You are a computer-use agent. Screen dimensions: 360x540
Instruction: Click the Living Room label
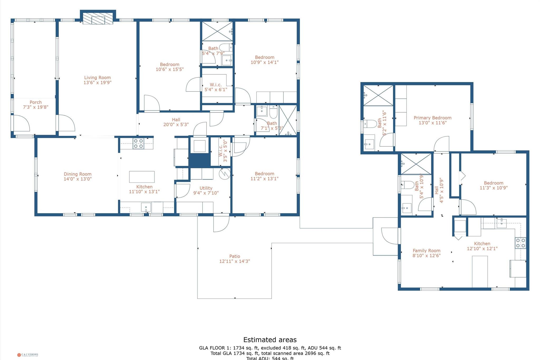(x=97, y=78)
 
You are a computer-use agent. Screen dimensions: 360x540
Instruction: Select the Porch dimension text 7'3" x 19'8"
(x=36, y=107)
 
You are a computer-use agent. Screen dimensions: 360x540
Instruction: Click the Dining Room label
(x=78, y=174)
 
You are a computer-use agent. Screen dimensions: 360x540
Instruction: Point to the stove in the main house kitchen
(x=138, y=143)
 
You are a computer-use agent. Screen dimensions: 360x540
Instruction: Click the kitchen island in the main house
(x=142, y=177)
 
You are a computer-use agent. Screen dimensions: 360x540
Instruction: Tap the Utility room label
(x=206, y=188)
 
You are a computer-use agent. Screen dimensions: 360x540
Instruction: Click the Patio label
(x=235, y=256)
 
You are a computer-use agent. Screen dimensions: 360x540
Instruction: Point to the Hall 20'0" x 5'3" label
(x=176, y=122)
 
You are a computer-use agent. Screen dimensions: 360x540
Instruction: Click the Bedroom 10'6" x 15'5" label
(x=170, y=67)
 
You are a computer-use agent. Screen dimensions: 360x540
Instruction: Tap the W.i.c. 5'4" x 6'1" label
(x=216, y=87)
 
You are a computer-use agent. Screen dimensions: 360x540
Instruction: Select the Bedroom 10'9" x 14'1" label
(x=264, y=60)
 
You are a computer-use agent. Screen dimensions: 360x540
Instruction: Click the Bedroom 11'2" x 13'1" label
(x=264, y=176)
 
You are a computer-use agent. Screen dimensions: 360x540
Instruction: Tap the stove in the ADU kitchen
(x=520, y=243)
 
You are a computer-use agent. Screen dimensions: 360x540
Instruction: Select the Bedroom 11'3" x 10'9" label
(x=493, y=185)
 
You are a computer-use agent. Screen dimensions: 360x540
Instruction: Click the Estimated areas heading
(x=270, y=340)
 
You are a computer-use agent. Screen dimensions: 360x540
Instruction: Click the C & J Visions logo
(x=28, y=355)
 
